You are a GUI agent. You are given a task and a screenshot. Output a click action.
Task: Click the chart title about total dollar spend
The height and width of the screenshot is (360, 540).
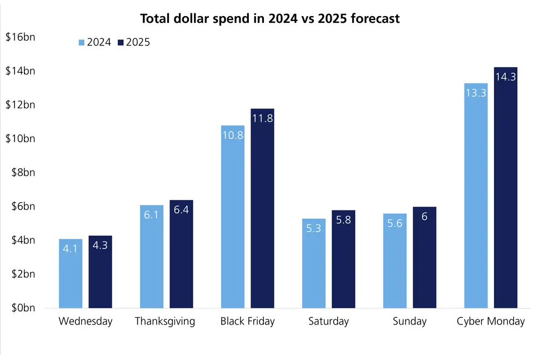[x=270, y=18]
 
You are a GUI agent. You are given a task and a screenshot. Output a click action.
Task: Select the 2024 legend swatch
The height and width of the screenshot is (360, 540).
[x=82, y=42]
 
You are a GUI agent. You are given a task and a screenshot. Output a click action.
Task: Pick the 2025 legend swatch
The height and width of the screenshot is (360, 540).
[x=121, y=42]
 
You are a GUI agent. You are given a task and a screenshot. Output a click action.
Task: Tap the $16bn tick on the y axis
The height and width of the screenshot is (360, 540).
[x=20, y=37]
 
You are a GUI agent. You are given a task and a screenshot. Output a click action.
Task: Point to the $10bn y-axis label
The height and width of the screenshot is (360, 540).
[x=20, y=138]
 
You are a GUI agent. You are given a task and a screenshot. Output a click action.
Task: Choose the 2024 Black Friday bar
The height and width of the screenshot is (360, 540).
[x=233, y=217]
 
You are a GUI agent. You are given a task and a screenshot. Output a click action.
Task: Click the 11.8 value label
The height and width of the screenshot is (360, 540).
[x=262, y=118]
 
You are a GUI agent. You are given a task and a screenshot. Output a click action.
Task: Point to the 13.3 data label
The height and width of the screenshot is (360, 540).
[x=476, y=93]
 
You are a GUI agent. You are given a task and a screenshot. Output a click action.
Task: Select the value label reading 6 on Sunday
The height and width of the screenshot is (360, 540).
[x=424, y=217]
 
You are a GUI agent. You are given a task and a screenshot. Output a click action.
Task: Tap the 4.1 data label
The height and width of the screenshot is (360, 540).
[x=71, y=249]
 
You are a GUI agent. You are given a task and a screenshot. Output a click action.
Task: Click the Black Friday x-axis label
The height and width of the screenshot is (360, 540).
[x=247, y=322]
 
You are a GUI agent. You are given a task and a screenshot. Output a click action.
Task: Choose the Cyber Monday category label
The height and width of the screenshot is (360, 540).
[x=491, y=322]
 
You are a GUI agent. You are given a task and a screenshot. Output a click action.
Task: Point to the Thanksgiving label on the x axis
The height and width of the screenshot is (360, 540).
[x=165, y=322]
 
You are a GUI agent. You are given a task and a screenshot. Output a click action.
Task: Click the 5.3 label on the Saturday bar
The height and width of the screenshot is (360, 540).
[x=314, y=228]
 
